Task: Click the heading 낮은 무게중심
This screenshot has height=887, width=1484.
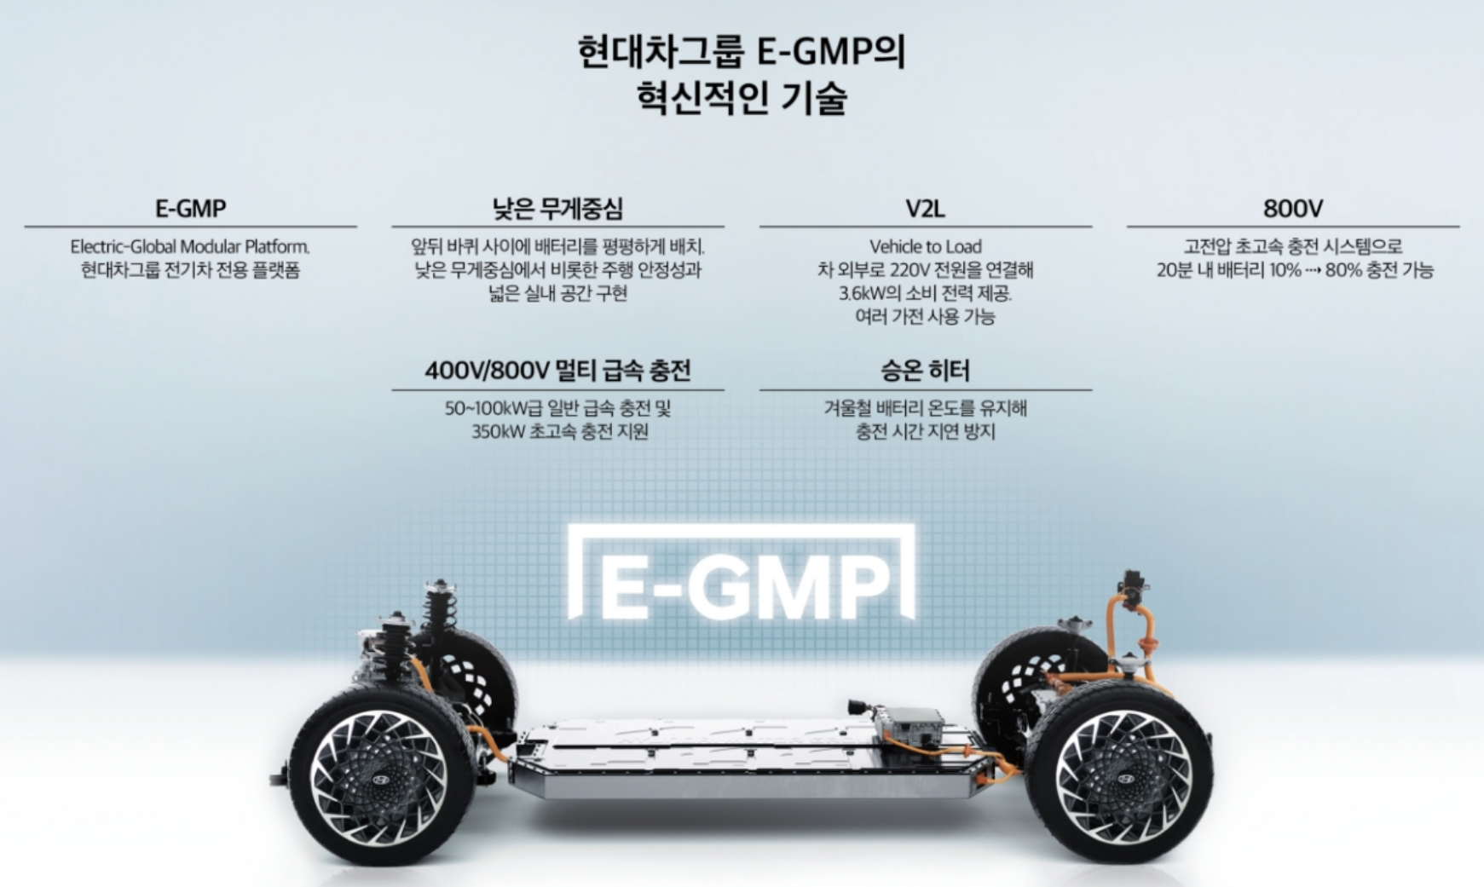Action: tap(557, 208)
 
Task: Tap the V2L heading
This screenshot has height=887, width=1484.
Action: tap(925, 208)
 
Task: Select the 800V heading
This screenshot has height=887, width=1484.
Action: tap(1292, 208)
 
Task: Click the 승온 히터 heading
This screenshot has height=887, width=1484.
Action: tap(925, 371)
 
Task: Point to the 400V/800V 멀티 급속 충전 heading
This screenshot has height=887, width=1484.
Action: tap(557, 371)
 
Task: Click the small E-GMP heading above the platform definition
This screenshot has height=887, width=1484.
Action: tap(190, 208)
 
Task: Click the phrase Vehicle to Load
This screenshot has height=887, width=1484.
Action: tap(925, 247)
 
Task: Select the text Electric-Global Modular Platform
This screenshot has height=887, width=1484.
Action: tap(189, 247)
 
